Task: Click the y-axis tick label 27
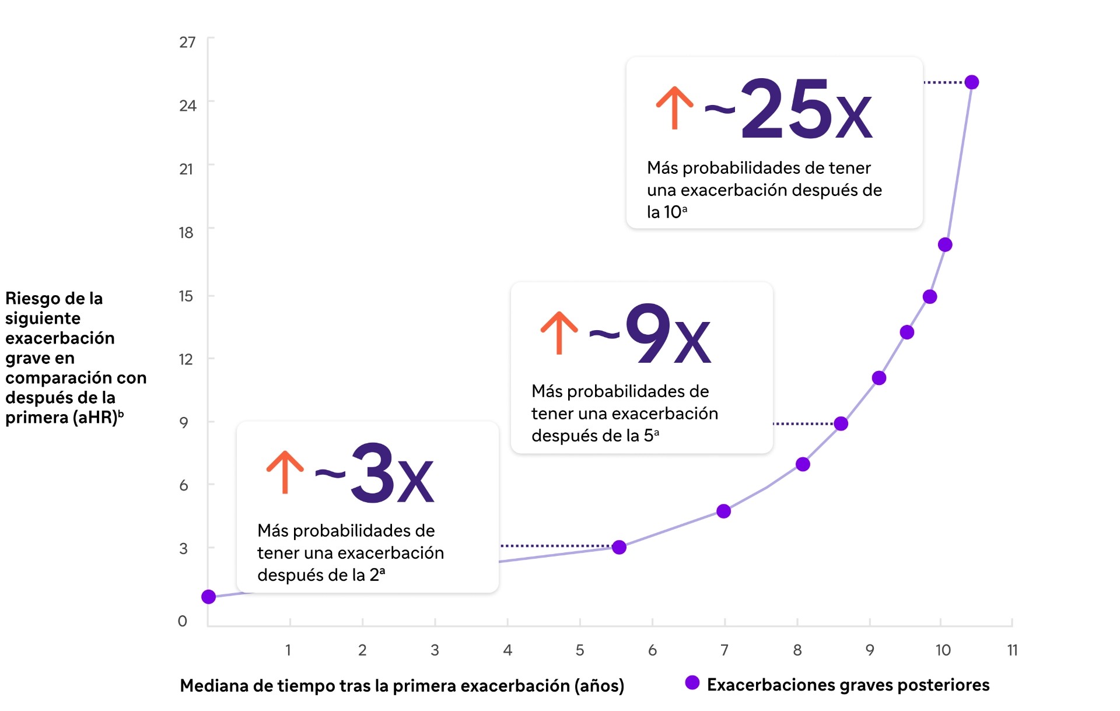[x=187, y=42]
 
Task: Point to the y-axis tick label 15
[x=185, y=296]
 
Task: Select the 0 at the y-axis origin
[x=183, y=621]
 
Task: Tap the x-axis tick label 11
[x=1012, y=650]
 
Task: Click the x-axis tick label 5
[x=580, y=650]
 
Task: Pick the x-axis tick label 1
[x=288, y=650]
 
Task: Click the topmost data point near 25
[x=972, y=82]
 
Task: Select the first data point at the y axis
[x=209, y=597]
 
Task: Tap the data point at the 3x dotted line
[x=619, y=547]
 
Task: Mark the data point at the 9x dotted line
[x=841, y=423]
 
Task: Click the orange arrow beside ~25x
[x=674, y=108]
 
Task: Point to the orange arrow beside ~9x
[x=559, y=333]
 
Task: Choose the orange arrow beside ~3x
[x=285, y=472]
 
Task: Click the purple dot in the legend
[x=692, y=683]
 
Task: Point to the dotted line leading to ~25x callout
[x=943, y=83]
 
